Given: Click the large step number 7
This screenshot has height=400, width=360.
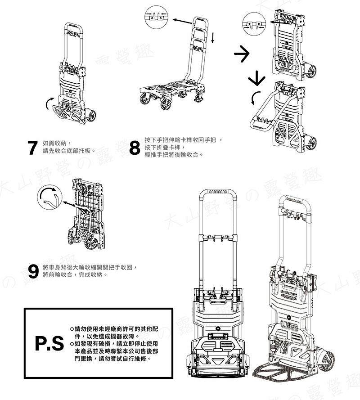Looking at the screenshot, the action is (33, 148).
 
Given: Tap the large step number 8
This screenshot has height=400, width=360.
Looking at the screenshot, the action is (135, 148).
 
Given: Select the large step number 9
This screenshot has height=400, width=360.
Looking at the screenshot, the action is (33, 271).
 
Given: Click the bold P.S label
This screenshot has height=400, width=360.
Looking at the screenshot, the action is (49, 343).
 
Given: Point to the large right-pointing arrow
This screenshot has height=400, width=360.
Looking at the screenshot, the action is (242, 54).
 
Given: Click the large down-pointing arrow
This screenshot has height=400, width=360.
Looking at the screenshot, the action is (256, 77).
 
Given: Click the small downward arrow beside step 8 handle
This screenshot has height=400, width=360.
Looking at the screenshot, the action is (212, 37).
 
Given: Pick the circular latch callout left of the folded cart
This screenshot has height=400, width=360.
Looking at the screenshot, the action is (254, 24).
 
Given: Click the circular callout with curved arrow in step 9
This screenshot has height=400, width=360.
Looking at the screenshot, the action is (49, 197).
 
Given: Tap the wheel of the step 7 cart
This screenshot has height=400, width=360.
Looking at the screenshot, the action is (91, 115).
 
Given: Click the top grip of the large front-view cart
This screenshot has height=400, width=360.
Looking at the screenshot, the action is (218, 191).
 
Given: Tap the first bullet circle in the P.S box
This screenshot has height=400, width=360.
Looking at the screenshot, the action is (72, 329).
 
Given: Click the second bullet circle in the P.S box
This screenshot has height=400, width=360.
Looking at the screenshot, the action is (72, 344).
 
